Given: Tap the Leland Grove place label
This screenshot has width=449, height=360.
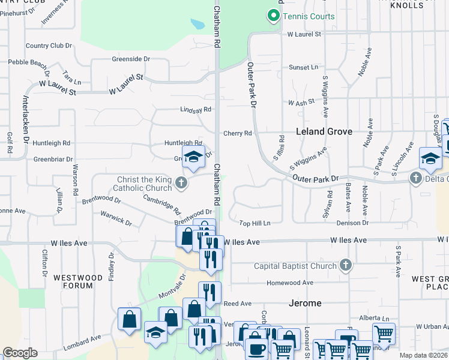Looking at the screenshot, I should [324, 131].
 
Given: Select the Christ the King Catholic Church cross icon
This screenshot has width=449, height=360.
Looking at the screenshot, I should [181, 181].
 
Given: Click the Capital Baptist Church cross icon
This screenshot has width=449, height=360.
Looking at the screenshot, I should [345, 265].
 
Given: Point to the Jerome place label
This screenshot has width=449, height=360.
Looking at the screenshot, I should [305, 303].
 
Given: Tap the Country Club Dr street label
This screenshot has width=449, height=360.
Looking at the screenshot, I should [49, 46].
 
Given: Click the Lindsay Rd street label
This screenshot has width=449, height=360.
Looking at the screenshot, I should [196, 110].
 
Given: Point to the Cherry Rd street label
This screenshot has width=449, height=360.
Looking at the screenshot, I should [237, 133].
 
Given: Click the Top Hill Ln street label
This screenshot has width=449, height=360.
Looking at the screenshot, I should [255, 223].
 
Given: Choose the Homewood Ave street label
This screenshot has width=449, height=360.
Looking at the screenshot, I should [291, 283].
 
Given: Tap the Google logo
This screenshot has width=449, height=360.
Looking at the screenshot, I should [20, 353].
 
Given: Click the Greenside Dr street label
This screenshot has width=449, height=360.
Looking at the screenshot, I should [130, 59].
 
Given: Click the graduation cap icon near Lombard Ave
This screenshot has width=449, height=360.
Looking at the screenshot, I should [155, 334].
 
